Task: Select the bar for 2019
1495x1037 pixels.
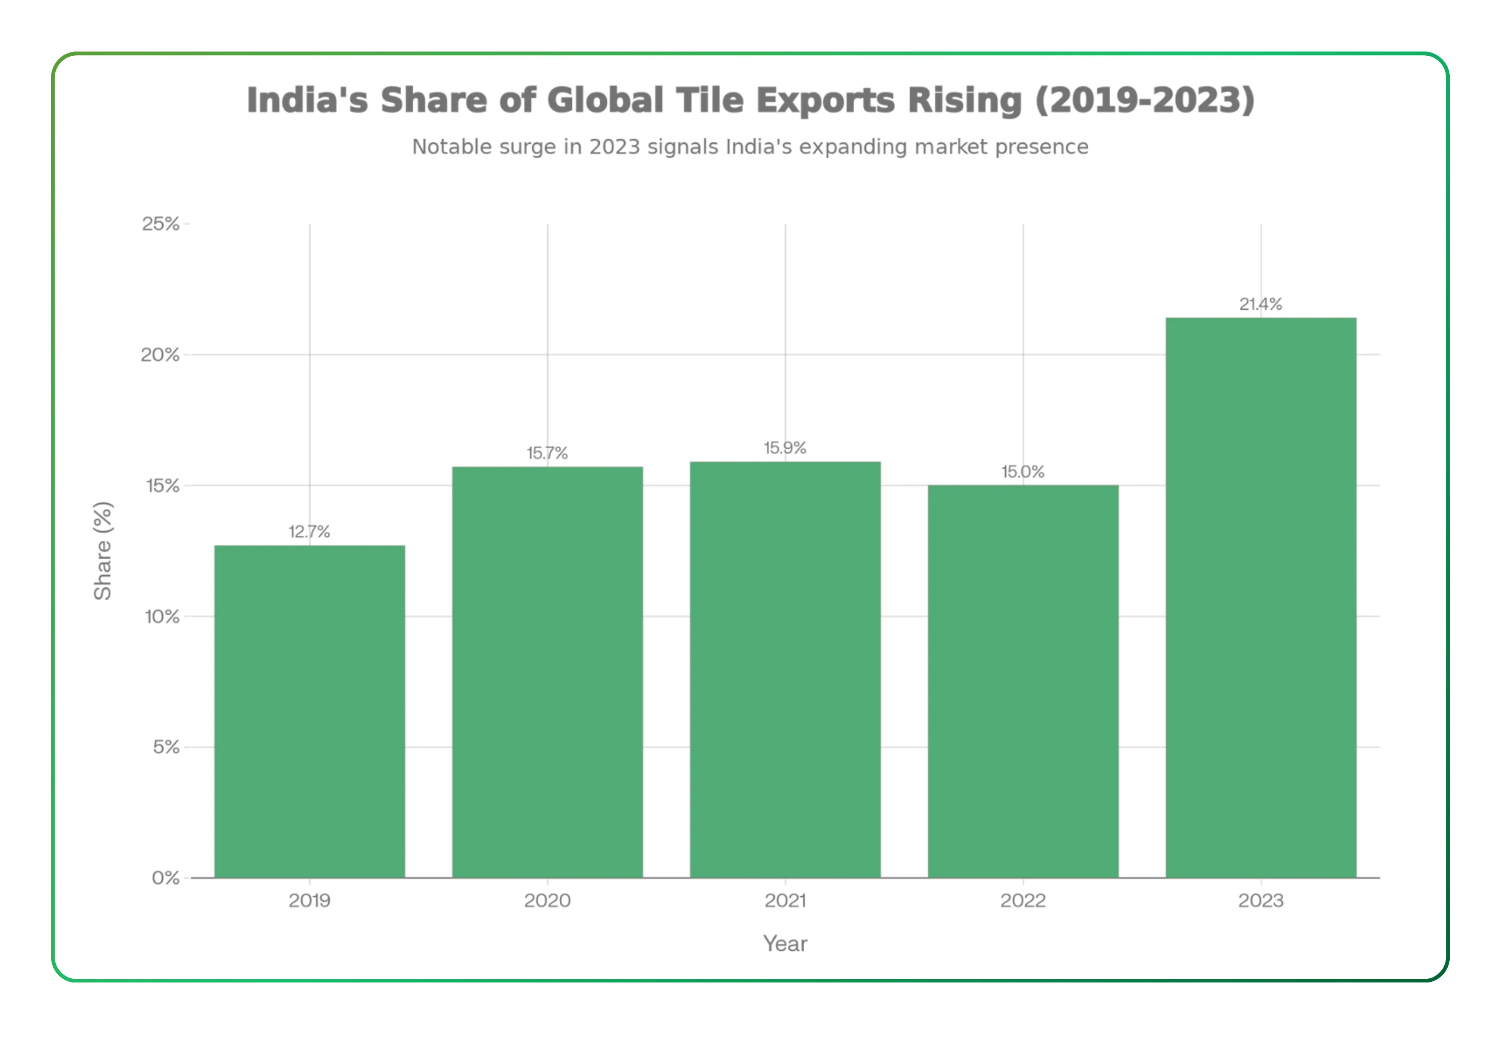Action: [309, 711]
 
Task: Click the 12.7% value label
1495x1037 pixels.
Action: [309, 532]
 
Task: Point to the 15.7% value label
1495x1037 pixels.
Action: [547, 453]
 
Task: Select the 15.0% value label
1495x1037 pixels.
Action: [1023, 472]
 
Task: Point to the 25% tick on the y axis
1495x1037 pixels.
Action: [161, 224]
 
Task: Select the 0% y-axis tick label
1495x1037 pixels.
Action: [165, 878]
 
